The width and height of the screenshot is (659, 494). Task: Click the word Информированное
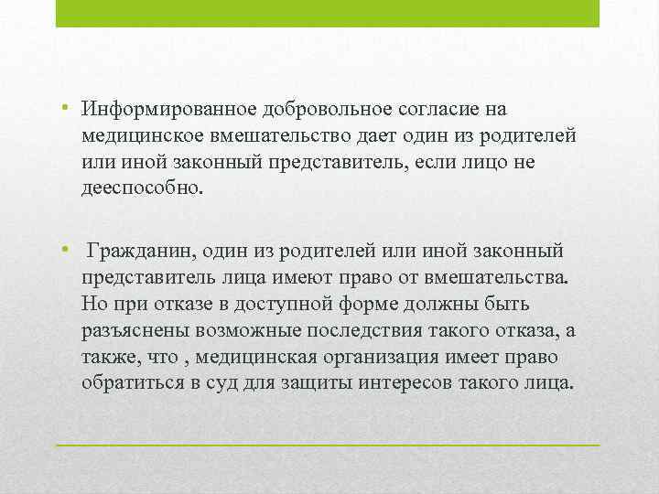pyautogui.click(x=169, y=110)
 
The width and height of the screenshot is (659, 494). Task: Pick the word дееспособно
pyautogui.click(x=142, y=188)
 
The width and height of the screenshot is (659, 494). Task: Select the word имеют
pyautogui.click(x=298, y=278)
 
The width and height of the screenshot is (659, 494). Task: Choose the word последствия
pyautogui.click(x=364, y=331)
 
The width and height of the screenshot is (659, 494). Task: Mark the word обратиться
pyautogui.click(x=133, y=383)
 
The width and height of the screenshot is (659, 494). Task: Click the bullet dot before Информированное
pyautogui.click(x=64, y=107)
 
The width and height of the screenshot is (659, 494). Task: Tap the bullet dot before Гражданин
pyautogui.click(x=64, y=249)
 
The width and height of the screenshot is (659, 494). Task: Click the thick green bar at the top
pyautogui.click(x=328, y=14)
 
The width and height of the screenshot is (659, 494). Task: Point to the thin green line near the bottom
pyautogui.click(x=328, y=445)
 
